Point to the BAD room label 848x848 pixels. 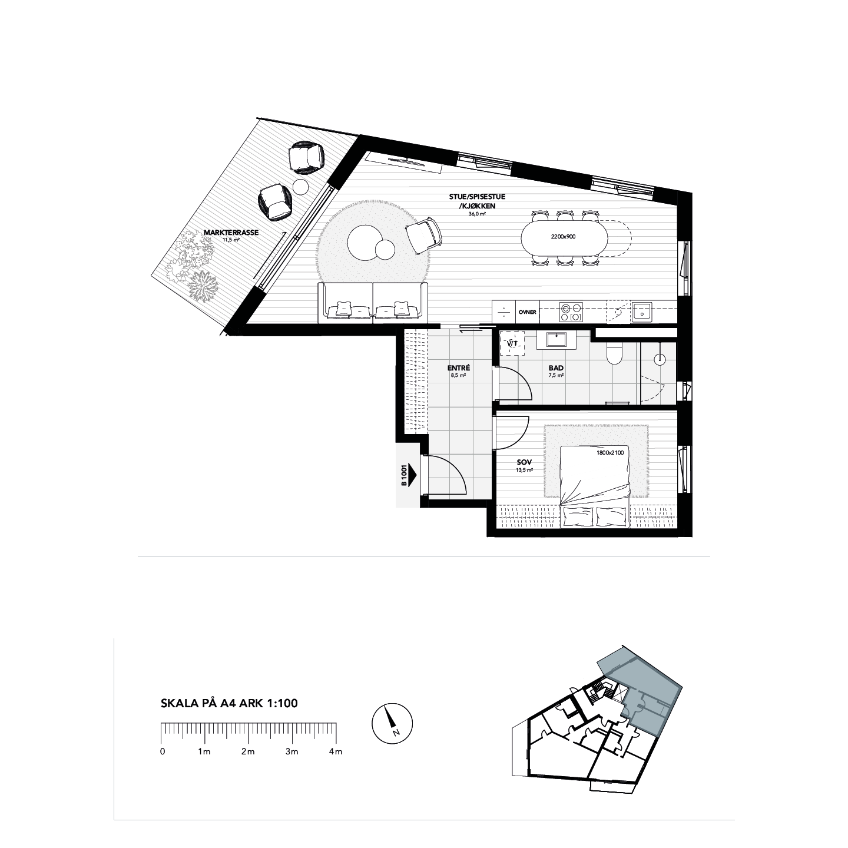(x=556, y=368)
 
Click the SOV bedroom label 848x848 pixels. (x=524, y=463)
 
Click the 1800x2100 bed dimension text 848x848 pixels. (x=609, y=453)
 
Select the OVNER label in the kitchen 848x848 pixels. (x=527, y=312)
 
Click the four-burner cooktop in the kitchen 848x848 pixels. (x=570, y=312)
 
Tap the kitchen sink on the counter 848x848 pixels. (x=641, y=310)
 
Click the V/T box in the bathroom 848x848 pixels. (x=512, y=344)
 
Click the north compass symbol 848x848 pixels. (x=392, y=723)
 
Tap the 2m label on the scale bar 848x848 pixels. (x=247, y=751)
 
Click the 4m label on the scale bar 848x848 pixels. (x=335, y=751)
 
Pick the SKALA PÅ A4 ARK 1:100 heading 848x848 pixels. (x=229, y=703)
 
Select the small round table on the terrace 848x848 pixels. (x=301, y=187)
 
